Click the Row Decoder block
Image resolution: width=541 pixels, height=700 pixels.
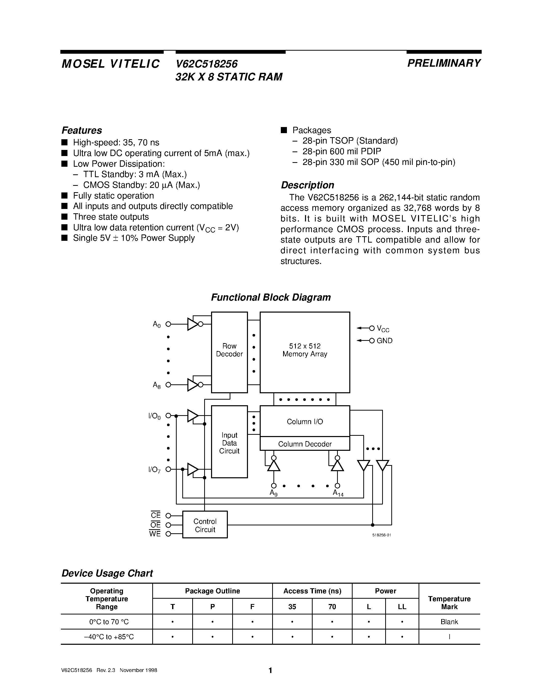pos(229,352)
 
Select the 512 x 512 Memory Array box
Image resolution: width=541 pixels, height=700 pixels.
pos(304,352)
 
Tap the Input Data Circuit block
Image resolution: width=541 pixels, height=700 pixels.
pos(229,443)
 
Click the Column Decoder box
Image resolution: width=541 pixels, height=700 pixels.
pos(304,444)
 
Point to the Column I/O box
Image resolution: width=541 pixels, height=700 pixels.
pos(304,422)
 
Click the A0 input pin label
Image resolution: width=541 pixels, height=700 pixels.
pos(156,324)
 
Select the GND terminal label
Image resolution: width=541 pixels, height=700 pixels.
pos(385,341)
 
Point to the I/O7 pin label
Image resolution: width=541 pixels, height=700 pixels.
pos(155,470)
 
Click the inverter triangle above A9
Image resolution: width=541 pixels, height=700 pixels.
pos(274,466)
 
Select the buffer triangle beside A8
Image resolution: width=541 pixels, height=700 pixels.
pos(193,385)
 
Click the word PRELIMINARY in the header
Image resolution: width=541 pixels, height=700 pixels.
pos(444,63)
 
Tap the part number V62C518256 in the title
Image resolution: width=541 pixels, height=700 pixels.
pos(207,64)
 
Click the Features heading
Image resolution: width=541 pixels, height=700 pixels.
pos(82,130)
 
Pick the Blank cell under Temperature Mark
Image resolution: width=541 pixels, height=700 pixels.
pos(449,622)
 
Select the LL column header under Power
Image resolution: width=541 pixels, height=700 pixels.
pos(402,607)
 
